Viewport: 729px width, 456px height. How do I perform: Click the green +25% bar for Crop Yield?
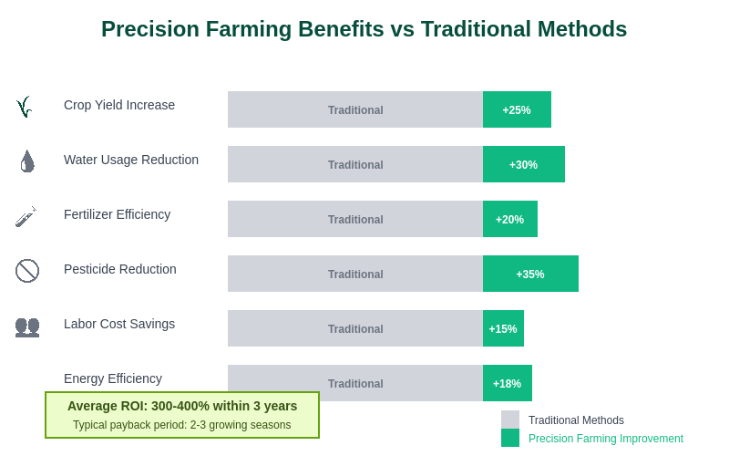[x=517, y=109]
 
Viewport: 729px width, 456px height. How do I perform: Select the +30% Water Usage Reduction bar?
[x=523, y=164]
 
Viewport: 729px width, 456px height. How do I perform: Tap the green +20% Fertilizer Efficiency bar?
[x=509, y=219]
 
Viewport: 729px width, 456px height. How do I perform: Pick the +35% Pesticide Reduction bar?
[x=530, y=274]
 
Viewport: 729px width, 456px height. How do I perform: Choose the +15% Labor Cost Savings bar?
[x=503, y=328]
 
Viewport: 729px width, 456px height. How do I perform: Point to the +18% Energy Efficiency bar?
[x=507, y=383]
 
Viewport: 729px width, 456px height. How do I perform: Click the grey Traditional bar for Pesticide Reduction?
[x=355, y=274]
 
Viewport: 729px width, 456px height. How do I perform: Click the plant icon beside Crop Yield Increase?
[x=25, y=107]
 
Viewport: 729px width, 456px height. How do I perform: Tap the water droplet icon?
[x=27, y=161]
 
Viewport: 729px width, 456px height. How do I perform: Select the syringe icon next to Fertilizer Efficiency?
[x=26, y=216]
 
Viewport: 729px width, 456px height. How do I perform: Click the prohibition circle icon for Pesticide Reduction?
[x=27, y=271]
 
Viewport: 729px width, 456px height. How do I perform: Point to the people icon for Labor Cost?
[x=27, y=326]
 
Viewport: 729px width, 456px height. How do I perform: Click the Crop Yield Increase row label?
[x=119, y=105]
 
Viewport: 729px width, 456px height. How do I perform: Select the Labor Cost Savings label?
[x=119, y=324]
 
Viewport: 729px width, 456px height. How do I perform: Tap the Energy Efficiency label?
[x=113, y=378]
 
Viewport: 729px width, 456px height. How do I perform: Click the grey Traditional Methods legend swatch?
[x=510, y=420]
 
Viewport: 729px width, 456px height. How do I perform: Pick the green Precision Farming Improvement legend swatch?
[x=510, y=438]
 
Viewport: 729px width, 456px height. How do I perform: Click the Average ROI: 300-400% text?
[x=182, y=406]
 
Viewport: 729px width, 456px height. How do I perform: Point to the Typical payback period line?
[x=182, y=425]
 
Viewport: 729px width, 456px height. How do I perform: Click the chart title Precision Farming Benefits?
[x=364, y=29]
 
